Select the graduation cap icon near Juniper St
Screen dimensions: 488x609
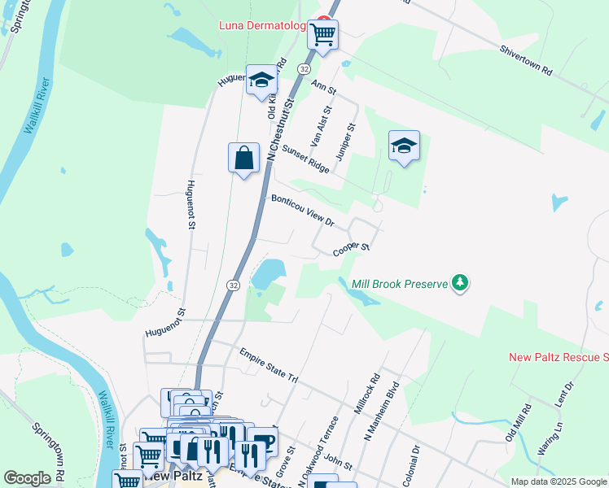tap(404, 146)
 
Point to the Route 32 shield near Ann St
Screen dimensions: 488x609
tap(303, 70)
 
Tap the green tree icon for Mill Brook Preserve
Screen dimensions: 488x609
tap(462, 283)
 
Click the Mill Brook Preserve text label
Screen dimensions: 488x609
tap(400, 285)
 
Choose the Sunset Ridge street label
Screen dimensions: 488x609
tap(305, 159)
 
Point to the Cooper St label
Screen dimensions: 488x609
tap(352, 249)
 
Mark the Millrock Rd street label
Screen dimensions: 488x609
tap(368, 394)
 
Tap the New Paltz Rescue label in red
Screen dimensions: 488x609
tap(559, 357)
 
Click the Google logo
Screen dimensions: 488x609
tap(28, 478)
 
